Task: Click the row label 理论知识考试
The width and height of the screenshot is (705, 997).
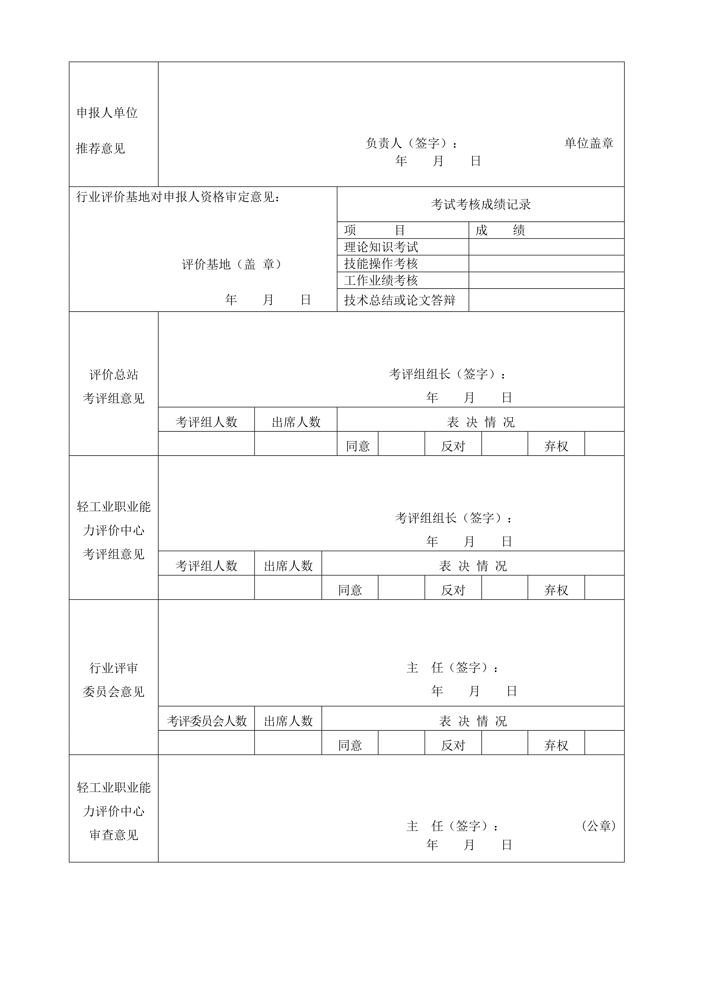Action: click(x=381, y=247)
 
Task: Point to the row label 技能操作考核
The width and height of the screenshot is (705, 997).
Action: click(x=381, y=264)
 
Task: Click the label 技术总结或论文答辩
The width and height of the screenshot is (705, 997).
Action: click(x=400, y=300)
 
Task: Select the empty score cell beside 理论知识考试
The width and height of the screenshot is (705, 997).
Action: click(x=546, y=247)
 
